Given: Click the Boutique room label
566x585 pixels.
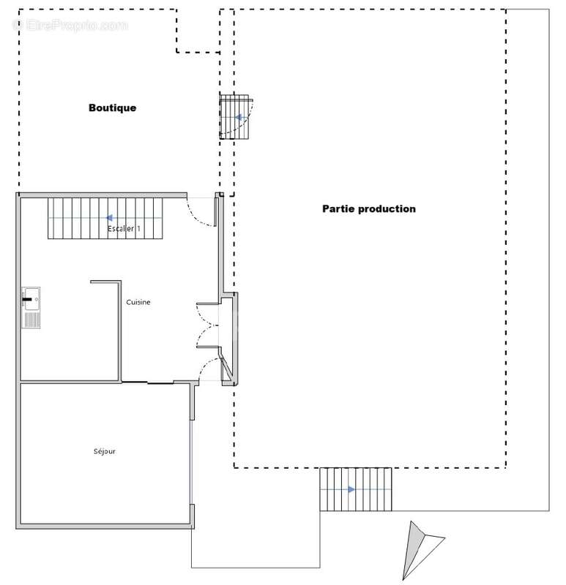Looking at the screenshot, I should pyautogui.click(x=112, y=107).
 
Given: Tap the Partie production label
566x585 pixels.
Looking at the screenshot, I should pyautogui.click(x=369, y=208).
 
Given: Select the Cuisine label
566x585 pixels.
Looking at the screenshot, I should pyautogui.click(x=138, y=302).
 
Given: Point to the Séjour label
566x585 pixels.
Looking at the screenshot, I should pyautogui.click(x=104, y=451).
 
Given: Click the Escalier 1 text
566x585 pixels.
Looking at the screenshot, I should pyautogui.click(x=124, y=229).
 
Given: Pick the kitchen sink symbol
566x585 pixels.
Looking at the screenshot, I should pyautogui.click(x=31, y=307).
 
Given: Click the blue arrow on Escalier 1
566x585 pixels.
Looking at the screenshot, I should pyautogui.click(x=109, y=217).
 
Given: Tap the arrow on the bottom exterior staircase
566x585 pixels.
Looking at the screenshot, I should pyautogui.click(x=352, y=489).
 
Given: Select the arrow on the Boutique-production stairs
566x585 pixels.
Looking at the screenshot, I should pyautogui.click(x=237, y=117).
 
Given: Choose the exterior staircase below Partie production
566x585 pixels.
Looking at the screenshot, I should pyautogui.click(x=356, y=490).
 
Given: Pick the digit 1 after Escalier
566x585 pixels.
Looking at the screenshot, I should pyautogui.click(x=138, y=229).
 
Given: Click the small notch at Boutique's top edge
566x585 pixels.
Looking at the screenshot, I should pyautogui.click(x=198, y=31).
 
